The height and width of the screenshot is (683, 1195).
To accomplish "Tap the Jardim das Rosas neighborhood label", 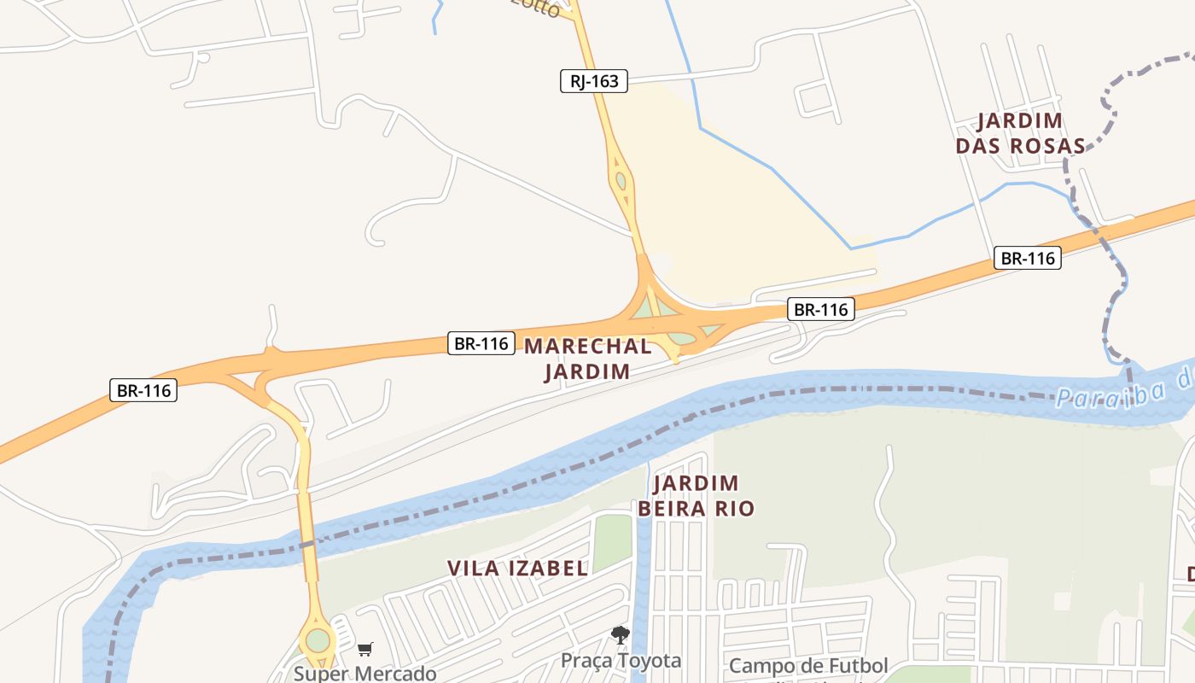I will tap(1020, 133).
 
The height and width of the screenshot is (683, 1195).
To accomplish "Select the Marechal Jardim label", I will tap(587, 359).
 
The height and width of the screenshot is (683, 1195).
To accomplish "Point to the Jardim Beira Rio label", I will tap(696, 496).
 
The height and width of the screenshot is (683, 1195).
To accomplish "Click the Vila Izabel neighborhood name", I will tap(517, 568).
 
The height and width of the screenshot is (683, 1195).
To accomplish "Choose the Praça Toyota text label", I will tap(621, 660).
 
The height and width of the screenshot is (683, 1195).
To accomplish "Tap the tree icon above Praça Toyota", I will tap(621, 635).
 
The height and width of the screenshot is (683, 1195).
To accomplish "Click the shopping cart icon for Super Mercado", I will tap(365, 650).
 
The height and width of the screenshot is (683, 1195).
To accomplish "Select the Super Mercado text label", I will tap(365, 673).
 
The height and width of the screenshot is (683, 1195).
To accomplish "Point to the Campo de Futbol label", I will tap(808, 665).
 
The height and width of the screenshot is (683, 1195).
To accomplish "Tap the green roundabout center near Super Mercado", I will tap(318, 639).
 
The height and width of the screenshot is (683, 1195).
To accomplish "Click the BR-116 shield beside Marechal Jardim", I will tap(481, 344).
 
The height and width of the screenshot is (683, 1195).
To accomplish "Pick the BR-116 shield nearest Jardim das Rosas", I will tap(1027, 258).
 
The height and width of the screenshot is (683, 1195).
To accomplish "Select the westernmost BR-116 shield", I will tap(143, 391).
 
